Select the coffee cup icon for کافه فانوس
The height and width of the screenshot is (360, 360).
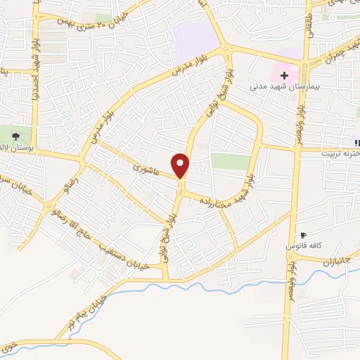(303, 236)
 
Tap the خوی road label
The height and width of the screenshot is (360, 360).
(8, 347)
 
